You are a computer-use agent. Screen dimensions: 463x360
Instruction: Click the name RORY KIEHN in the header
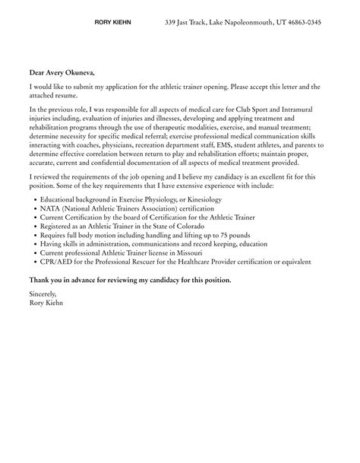point(112,23)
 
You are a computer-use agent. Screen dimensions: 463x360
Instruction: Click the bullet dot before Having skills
point(36,244)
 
